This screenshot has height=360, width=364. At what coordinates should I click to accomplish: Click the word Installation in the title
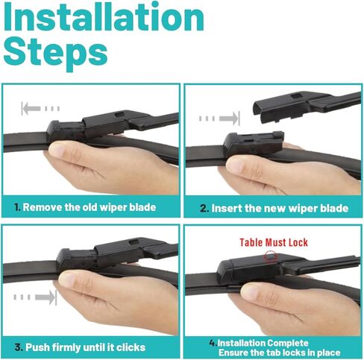(x=104, y=17)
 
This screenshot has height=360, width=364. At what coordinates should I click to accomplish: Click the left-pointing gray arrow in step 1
(x=40, y=109)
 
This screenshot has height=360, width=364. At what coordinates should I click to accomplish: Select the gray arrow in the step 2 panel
(x=219, y=119)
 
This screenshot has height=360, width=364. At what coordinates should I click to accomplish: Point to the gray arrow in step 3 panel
(x=35, y=297)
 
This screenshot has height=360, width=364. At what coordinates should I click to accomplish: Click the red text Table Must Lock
(x=274, y=242)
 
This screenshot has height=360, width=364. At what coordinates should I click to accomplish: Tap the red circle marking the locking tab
(x=270, y=256)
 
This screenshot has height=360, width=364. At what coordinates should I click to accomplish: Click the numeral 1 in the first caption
(x=17, y=207)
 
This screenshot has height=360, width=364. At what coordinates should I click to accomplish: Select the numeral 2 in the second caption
(x=204, y=209)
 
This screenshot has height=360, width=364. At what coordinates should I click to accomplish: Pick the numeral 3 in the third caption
(x=18, y=347)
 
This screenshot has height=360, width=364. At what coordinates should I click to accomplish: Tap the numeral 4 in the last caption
(x=213, y=343)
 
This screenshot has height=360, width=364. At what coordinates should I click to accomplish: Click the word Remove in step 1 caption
(x=43, y=207)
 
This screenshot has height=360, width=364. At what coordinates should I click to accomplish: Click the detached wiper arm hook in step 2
(x=307, y=107)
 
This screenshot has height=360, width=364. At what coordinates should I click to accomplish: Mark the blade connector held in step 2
(x=253, y=145)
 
